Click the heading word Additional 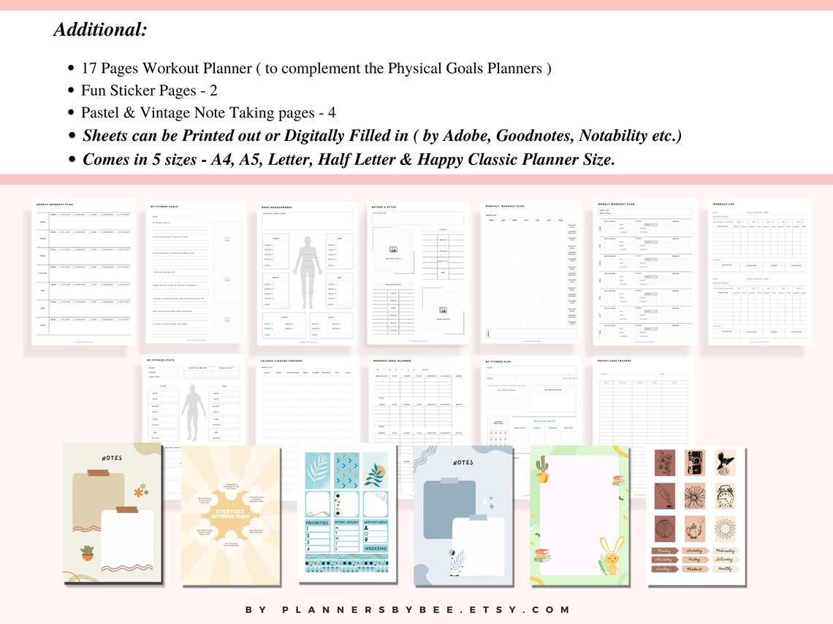click(100, 30)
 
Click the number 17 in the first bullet click(89, 69)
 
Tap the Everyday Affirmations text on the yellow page click(230, 515)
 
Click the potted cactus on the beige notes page click(87, 553)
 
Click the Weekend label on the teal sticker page click(374, 548)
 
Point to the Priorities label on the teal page click(317, 523)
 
